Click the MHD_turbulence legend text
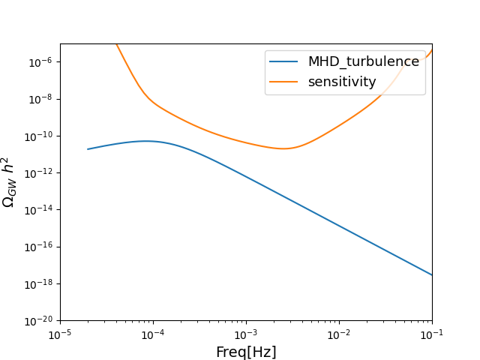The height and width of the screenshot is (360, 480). pyautogui.click(x=364, y=61)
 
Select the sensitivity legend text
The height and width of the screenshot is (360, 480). pyautogui.click(x=342, y=82)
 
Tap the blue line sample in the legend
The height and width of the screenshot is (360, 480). pyautogui.click(x=284, y=61)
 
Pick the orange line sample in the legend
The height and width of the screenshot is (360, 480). pyautogui.click(x=284, y=82)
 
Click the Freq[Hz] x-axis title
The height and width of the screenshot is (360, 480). pyautogui.click(x=246, y=352)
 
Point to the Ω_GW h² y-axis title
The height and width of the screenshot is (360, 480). pyautogui.click(x=9, y=181)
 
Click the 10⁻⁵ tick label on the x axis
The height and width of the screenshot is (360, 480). pyautogui.click(x=60, y=334)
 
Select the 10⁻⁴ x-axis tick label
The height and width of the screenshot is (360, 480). pyautogui.click(x=153, y=334)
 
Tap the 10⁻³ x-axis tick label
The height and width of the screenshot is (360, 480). pyautogui.click(x=246, y=334)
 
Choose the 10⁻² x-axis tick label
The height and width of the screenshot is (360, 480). pyautogui.click(x=339, y=334)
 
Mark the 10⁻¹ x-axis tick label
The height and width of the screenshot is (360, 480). pyautogui.click(x=432, y=334)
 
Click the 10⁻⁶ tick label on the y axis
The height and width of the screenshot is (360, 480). pyautogui.click(x=40, y=62)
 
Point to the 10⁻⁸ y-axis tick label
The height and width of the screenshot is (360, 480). pyautogui.click(x=40, y=99)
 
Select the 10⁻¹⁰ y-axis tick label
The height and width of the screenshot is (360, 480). pyautogui.click(x=39, y=136)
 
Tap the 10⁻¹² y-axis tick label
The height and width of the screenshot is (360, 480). pyautogui.click(x=39, y=172)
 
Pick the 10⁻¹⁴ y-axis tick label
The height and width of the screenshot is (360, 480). pyautogui.click(x=39, y=209)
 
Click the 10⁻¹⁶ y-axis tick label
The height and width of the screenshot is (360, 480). pyautogui.click(x=39, y=247)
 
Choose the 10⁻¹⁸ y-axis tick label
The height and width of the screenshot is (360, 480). pyautogui.click(x=39, y=283)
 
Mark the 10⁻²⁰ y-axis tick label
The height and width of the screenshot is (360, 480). pyautogui.click(x=39, y=320)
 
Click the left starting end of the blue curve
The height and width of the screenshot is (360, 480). pyautogui.click(x=88, y=149)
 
